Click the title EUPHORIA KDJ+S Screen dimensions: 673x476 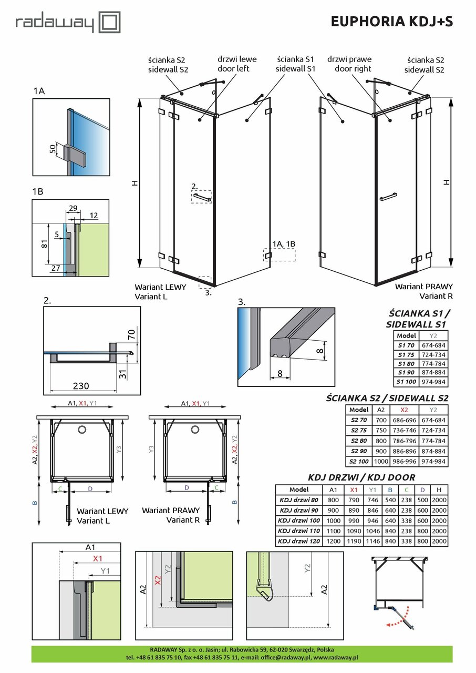tap(391, 21)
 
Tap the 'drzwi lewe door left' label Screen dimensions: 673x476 tap(233, 64)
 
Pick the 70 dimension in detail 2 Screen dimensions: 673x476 tap(131, 333)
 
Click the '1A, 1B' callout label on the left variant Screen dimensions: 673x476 tap(284, 243)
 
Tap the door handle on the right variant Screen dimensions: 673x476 tap(388, 198)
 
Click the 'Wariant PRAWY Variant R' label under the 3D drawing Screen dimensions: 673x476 tap(423, 291)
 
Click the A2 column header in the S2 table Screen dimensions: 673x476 tap(381, 410)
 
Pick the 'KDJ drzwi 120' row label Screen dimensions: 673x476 tap(298, 541)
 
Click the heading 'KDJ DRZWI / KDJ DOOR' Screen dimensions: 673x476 tap(361, 477)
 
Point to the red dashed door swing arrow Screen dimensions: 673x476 tap(397, 623)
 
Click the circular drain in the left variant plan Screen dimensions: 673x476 tap(82, 430)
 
